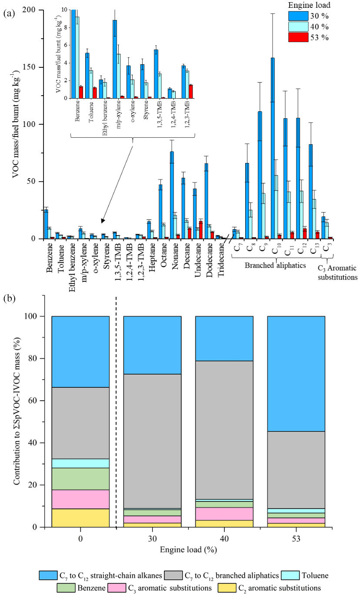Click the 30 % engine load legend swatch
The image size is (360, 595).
(x=298, y=17)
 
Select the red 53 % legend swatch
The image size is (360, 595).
(x=298, y=37)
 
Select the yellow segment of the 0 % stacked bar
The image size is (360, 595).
(x=80, y=518)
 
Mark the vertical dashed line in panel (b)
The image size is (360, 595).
(x=116, y=413)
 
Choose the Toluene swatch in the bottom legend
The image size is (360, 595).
(x=295, y=575)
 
